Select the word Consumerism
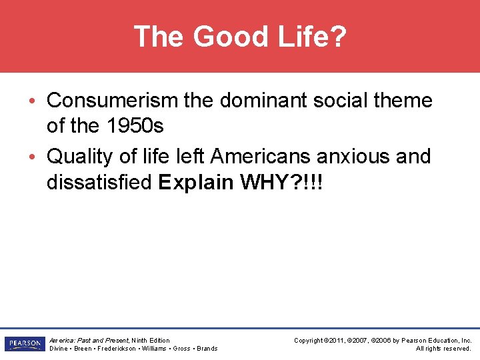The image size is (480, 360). pyautogui.click(x=113, y=101)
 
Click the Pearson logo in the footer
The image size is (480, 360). pyautogui.click(x=24, y=344)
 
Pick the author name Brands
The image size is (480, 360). pyautogui.click(x=207, y=349)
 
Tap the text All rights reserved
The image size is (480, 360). pyautogui.click(x=443, y=349)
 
